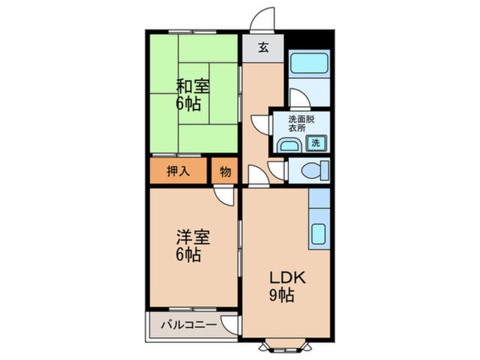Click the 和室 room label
193,87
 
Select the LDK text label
287,278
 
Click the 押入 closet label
178,171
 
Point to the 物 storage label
225,171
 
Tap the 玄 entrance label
263,48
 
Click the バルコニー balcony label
188,325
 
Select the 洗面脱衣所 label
300,123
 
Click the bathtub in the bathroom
309,62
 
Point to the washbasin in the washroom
289,145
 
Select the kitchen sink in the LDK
319,233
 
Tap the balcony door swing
230,324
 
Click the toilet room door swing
278,169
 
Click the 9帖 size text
282,295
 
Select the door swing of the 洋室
225,196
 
